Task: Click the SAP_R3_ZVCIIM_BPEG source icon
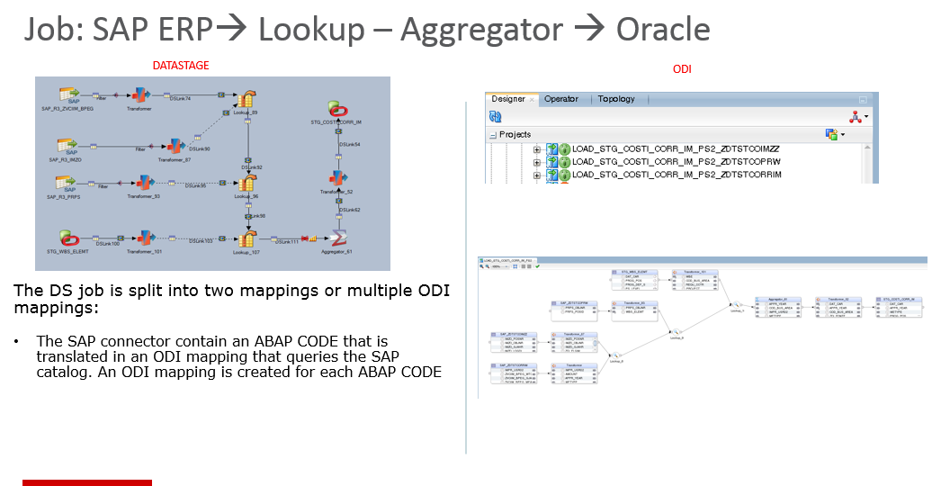click(67, 94)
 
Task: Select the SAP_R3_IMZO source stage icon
click(67, 144)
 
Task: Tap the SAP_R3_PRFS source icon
click(66, 184)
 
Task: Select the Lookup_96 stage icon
click(246, 184)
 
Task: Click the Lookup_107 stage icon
click(246, 239)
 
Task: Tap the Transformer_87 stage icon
click(175, 146)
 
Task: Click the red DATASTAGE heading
click(181, 66)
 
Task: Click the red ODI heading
click(682, 69)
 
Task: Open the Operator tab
click(561, 99)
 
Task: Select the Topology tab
click(616, 99)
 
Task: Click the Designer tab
click(508, 99)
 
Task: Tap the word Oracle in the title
click(663, 30)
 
